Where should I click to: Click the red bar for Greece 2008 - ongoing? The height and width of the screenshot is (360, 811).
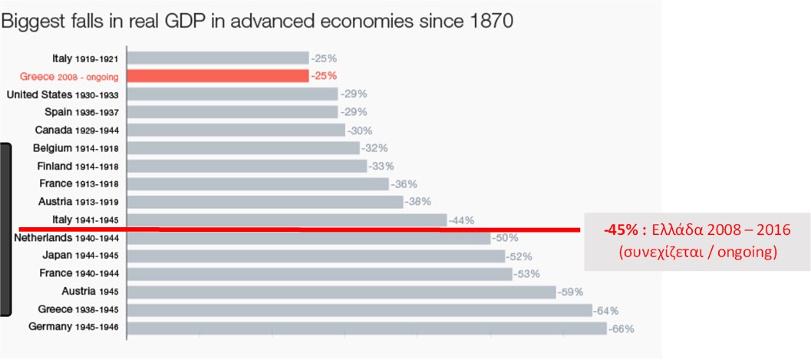[218, 76]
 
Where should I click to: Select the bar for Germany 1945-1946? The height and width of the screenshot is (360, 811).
[367, 329]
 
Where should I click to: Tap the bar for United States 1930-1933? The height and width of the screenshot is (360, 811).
[232, 94]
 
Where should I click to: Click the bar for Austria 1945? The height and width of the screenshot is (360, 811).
[341, 292]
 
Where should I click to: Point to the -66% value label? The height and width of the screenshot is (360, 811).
[621, 329]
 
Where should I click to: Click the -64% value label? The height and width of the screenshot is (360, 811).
[606, 311]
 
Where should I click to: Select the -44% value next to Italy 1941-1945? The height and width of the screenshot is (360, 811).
[462, 220]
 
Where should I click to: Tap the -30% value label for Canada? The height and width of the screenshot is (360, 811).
[360, 130]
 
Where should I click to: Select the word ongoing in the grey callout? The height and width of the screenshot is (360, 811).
[751, 252]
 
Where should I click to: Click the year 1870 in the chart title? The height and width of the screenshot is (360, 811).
[490, 21]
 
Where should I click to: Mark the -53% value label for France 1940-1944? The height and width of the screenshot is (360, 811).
[526, 275]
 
